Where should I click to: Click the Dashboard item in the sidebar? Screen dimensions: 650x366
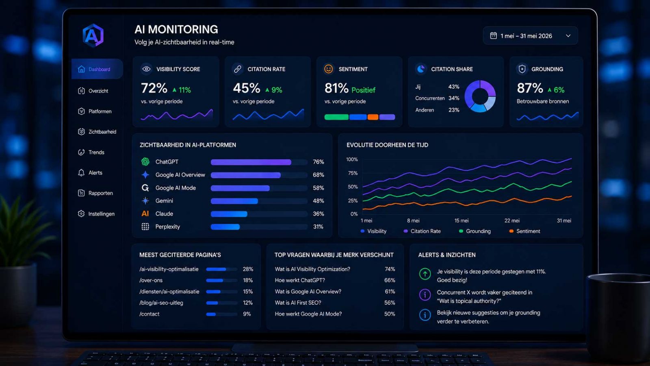(x=97, y=69)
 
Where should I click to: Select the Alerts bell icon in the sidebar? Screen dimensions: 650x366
(x=81, y=173)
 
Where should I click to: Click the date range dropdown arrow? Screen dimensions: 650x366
(x=568, y=36)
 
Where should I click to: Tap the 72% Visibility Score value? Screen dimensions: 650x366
(x=154, y=88)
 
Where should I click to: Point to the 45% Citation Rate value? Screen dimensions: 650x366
(x=246, y=88)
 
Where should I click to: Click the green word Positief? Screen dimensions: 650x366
(x=363, y=90)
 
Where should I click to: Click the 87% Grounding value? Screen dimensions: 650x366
(x=530, y=88)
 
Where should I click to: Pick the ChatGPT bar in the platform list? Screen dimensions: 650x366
(x=251, y=162)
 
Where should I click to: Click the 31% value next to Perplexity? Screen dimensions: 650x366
(x=318, y=227)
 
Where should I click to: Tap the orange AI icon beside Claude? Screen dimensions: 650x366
(x=145, y=214)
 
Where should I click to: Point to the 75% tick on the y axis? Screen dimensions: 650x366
(x=353, y=173)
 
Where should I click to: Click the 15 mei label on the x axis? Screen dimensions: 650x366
(x=461, y=220)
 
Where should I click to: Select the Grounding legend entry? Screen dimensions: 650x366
(x=475, y=231)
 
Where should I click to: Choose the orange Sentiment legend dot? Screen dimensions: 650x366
(x=511, y=231)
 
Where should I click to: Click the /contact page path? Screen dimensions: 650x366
(x=149, y=314)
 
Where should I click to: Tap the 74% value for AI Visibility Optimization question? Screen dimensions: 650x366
(x=390, y=269)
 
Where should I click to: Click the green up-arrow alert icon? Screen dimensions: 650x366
(x=425, y=274)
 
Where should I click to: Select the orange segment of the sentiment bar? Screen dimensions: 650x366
(x=373, y=117)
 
